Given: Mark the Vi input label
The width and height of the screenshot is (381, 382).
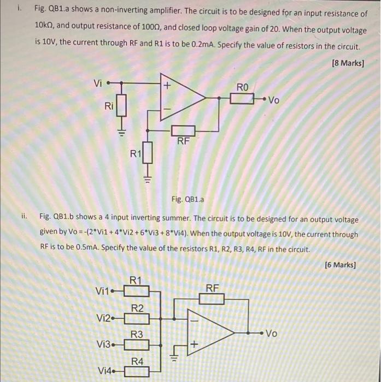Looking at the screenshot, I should pyautogui.click(x=98, y=83).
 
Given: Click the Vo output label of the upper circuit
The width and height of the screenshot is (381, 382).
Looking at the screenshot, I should pyautogui.click(x=274, y=100).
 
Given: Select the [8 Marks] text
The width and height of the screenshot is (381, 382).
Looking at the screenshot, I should pyautogui.click(x=348, y=63).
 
